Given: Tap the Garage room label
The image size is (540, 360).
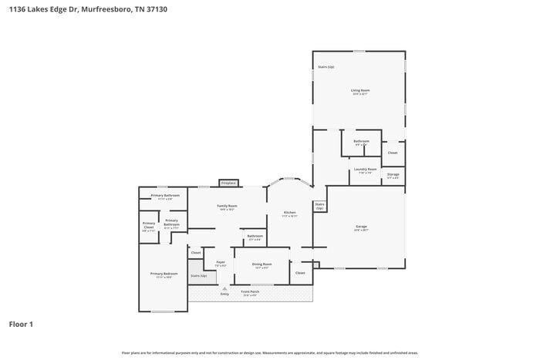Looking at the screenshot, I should (x=360, y=227).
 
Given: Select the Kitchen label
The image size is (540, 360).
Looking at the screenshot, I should (x=289, y=213).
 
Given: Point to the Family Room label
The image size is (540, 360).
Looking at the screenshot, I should (x=227, y=206).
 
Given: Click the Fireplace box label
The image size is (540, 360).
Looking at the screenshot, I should (x=228, y=183).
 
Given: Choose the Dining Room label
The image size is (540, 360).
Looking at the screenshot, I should (x=262, y=264).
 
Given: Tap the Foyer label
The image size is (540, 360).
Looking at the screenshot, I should (x=221, y=262).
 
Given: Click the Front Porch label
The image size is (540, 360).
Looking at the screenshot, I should (x=250, y=291).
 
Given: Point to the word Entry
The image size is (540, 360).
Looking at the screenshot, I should (x=224, y=294).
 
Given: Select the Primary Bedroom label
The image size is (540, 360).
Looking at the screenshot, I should (x=164, y=274).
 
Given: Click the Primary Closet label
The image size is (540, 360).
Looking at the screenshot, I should (x=149, y=226).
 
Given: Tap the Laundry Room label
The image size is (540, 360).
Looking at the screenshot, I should (x=365, y=169).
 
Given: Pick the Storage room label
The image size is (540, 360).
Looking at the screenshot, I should (x=393, y=175).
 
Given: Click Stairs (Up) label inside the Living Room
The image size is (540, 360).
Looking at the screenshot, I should (x=326, y=67).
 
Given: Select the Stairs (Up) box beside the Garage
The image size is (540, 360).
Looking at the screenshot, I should (x=319, y=206).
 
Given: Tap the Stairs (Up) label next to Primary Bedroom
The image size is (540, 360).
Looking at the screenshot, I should (x=199, y=275).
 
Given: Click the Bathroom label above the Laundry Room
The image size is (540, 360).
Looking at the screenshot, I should (x=361, y=141).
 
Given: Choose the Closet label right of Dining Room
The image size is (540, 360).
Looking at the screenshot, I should (x=300, y=272).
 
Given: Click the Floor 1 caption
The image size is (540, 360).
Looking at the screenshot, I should (x=21, y=324).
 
